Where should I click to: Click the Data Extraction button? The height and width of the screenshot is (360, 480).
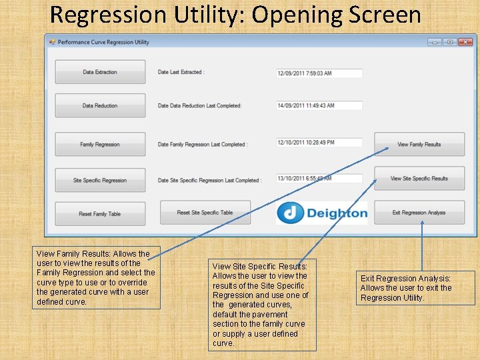click(x=100, y=72)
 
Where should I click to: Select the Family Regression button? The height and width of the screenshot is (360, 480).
click(x=100, y=144)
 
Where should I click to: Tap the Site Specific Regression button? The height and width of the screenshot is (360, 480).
click(x=100, y=180)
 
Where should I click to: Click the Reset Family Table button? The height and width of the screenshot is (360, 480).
click(x=100, y=214)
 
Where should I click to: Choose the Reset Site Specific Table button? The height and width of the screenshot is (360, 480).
click(x=205, y=213)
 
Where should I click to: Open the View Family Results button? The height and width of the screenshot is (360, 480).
click(x=419, y=144)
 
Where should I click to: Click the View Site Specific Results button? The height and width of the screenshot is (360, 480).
click(x=419, y=179)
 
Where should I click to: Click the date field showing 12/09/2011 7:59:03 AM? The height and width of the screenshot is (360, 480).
click(x=319, y=73)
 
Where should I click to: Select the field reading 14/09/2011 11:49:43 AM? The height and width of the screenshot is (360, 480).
click(x=319, y=105)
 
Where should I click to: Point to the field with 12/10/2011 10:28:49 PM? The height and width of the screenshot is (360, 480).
click(x=319, y=143)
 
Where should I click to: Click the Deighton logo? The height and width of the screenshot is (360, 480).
click(x=322, y=213)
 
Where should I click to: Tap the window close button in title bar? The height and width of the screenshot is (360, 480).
click(x=466, y=42)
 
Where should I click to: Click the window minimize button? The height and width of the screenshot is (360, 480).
click(x=435, y=42)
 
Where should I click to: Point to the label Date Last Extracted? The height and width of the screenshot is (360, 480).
click(x=181, y=72)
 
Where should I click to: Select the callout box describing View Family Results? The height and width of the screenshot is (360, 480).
click(x=97, y=277)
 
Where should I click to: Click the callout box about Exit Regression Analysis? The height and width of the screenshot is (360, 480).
click(x=416, y=288)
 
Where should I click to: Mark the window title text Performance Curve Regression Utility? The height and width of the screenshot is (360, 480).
click(x=103, y=42)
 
